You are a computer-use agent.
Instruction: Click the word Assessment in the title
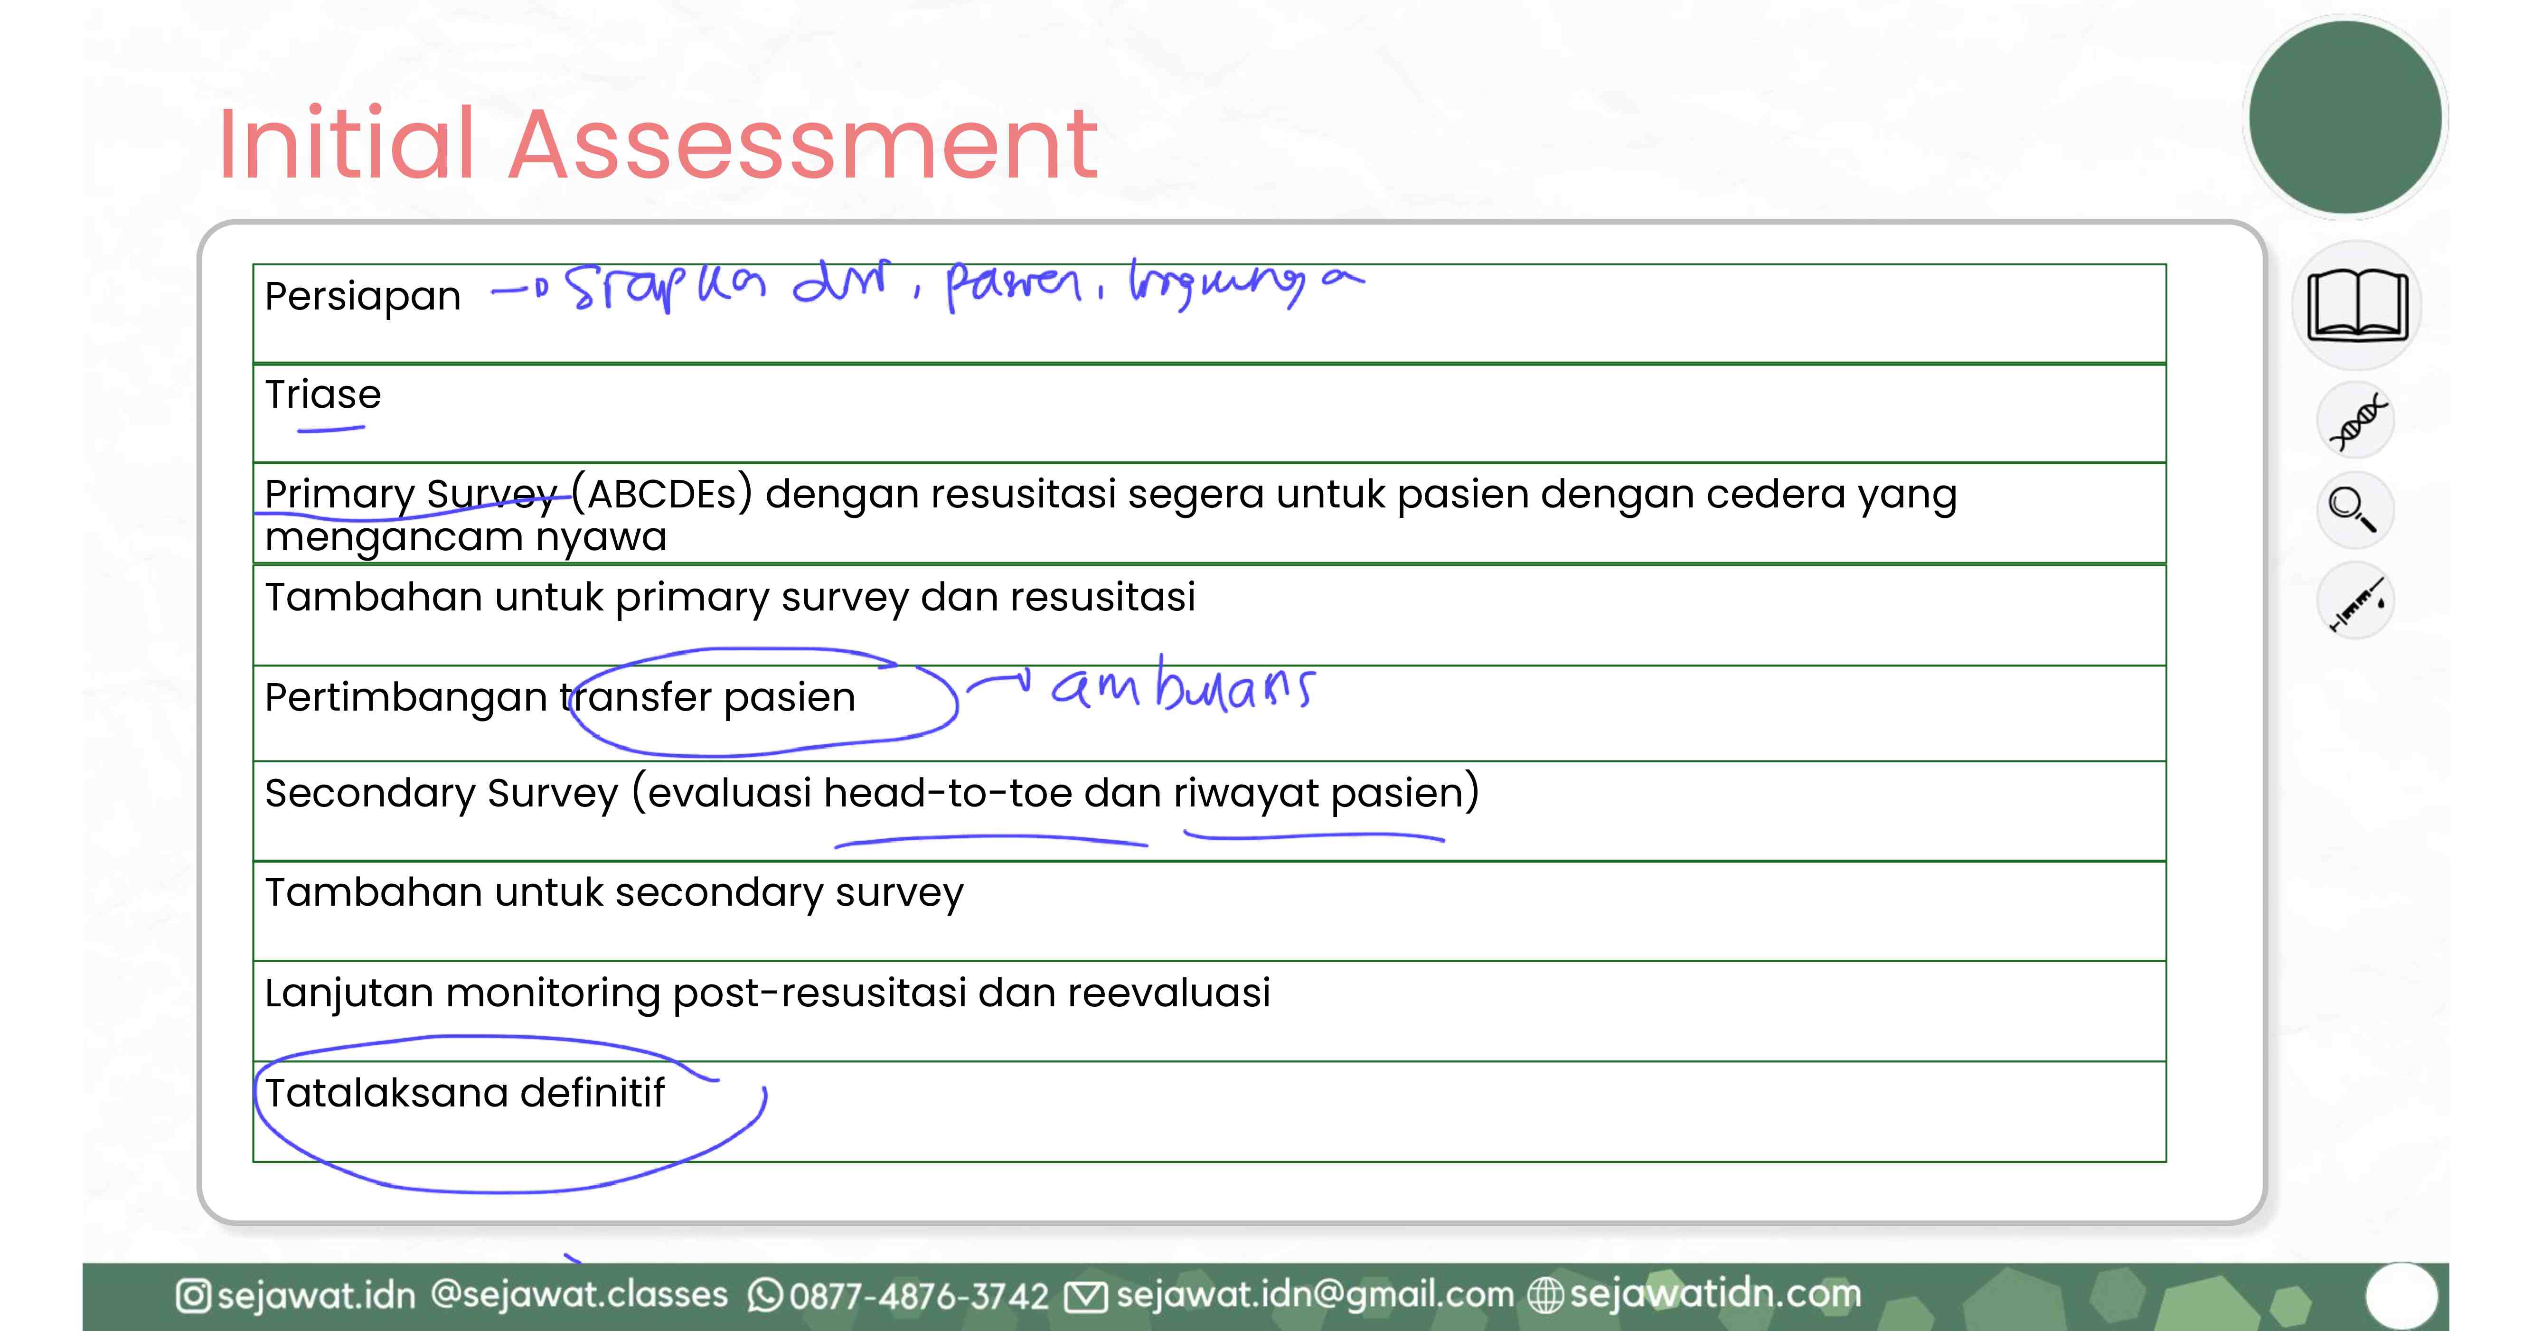[x=803, y=145]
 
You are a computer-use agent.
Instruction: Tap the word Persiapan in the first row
[x=363, y=296]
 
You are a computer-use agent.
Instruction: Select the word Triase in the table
[x=322, y=394]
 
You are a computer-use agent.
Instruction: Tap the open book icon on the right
[x=2357, y=306]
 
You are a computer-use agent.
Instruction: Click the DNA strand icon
[x=2356, y=421]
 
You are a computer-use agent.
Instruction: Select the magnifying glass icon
[x=2353, y=509]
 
